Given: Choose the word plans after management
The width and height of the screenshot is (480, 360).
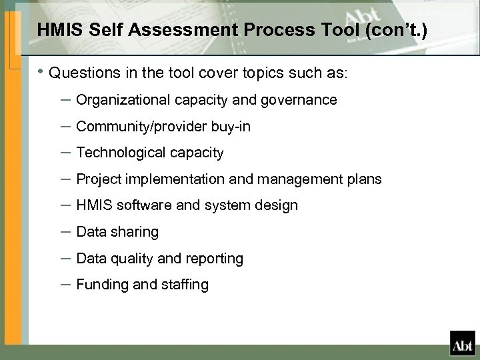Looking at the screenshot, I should (x=365, y=179).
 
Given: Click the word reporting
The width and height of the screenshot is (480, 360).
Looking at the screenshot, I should (x=215, y=258).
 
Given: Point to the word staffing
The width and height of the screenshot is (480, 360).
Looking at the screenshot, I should (x=185, y=285).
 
